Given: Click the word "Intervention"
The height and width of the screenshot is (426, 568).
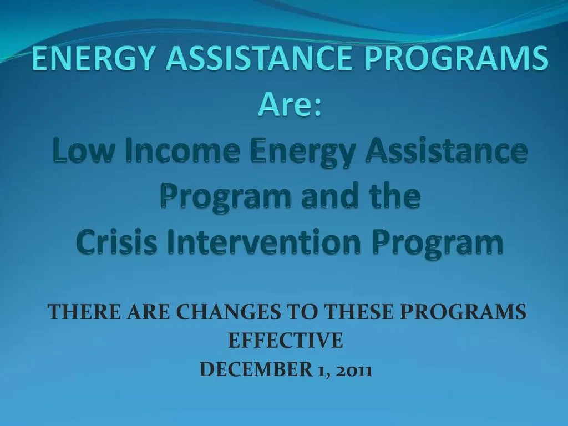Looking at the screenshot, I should [x=251, y=242].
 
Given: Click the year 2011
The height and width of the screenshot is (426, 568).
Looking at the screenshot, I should [x=353, y=369].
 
